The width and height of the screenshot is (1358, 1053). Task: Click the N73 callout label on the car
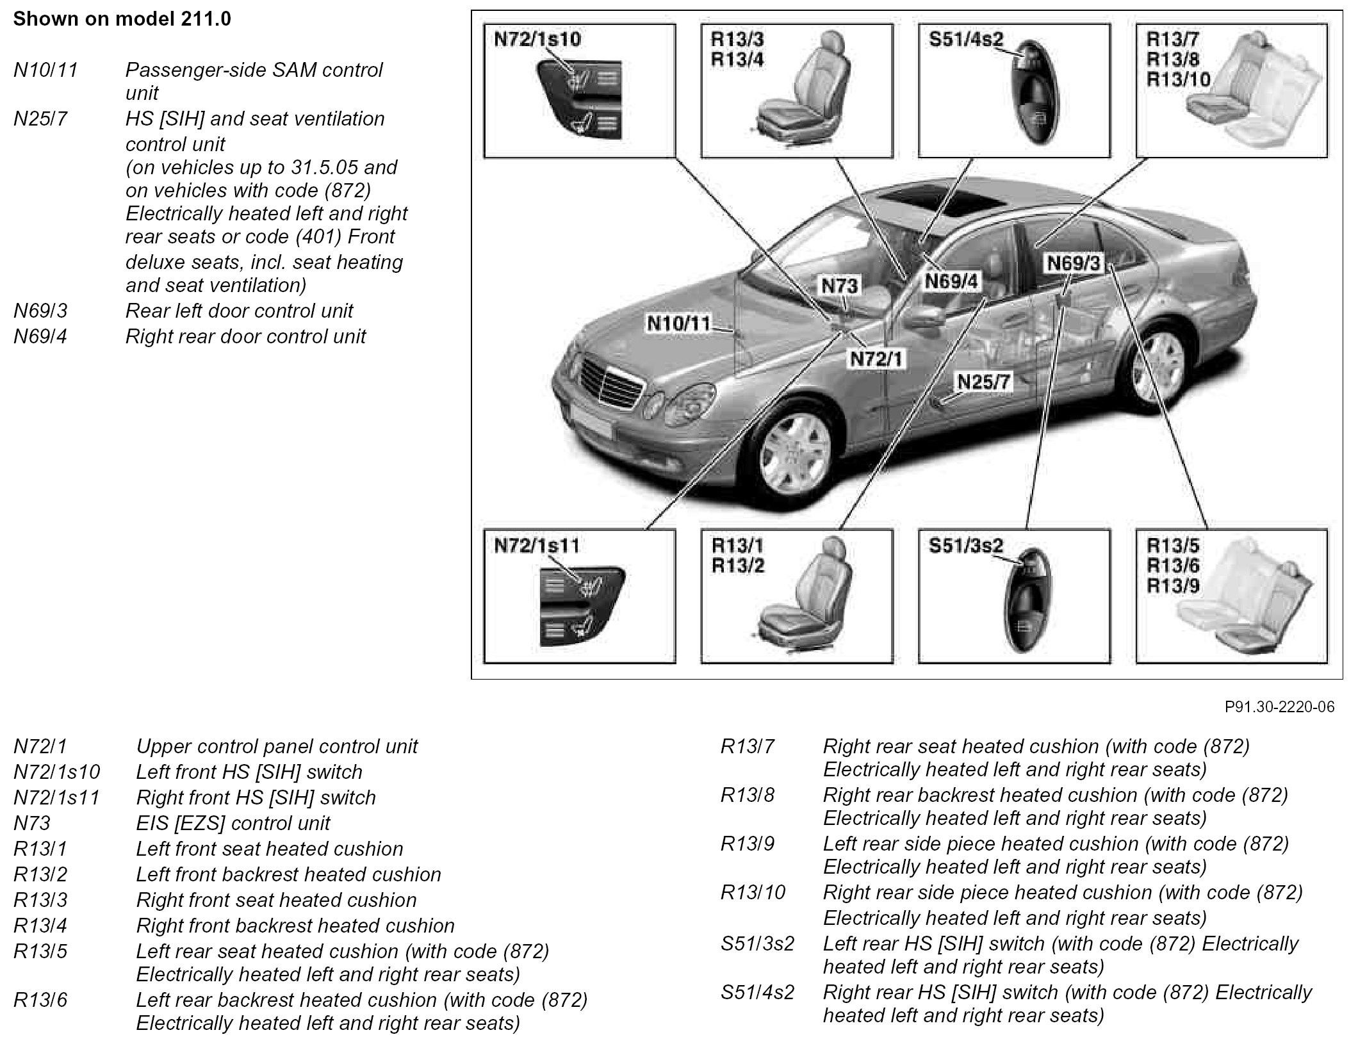point(839,286)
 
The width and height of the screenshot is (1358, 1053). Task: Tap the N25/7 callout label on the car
point(983,382)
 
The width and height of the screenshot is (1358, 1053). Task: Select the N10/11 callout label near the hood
point(679,323)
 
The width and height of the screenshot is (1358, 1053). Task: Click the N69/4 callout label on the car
point(951,281)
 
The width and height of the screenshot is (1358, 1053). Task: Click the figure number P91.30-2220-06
point(1280,706)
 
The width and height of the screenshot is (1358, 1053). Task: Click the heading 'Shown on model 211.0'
point(122,19)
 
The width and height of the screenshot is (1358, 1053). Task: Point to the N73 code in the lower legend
point(32,823)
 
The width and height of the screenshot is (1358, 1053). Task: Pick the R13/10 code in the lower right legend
point(753,892)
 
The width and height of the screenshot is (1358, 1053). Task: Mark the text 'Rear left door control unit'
point(239,311)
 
